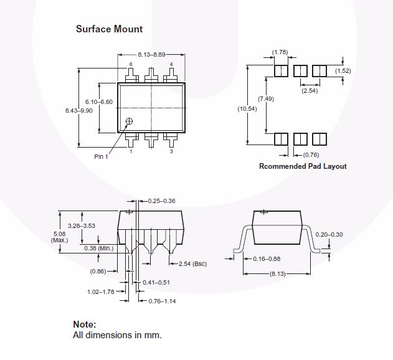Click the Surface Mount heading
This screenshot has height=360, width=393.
(109, 29)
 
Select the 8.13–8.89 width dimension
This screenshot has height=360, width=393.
(151, 55)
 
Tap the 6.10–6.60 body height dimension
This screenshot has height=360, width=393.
(99, 102)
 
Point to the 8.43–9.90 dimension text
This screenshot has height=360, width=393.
(79, 111)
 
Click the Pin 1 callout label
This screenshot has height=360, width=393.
(101, 157)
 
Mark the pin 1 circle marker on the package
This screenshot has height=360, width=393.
(129, 121)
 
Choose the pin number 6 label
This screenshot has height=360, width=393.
(131, 64)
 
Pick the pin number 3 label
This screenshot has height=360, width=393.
(171, 151)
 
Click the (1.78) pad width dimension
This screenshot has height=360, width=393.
(280, 52)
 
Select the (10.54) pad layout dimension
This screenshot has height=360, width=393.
(247, 109)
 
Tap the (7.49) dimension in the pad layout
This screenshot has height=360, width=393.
(266, 99)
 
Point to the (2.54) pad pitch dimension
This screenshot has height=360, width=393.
(310, 91)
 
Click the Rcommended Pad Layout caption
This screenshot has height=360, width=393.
(303, 166)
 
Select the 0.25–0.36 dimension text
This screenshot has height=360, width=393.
(162, 201)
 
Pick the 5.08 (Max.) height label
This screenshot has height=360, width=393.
(59, 237)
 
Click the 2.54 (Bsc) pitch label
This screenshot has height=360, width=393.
(192, 263)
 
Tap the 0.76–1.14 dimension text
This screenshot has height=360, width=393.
(162, 301)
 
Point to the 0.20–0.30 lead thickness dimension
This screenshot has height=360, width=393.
(329, 235)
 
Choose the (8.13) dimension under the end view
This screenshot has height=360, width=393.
(278, 274)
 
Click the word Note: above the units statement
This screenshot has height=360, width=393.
(85, 324)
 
